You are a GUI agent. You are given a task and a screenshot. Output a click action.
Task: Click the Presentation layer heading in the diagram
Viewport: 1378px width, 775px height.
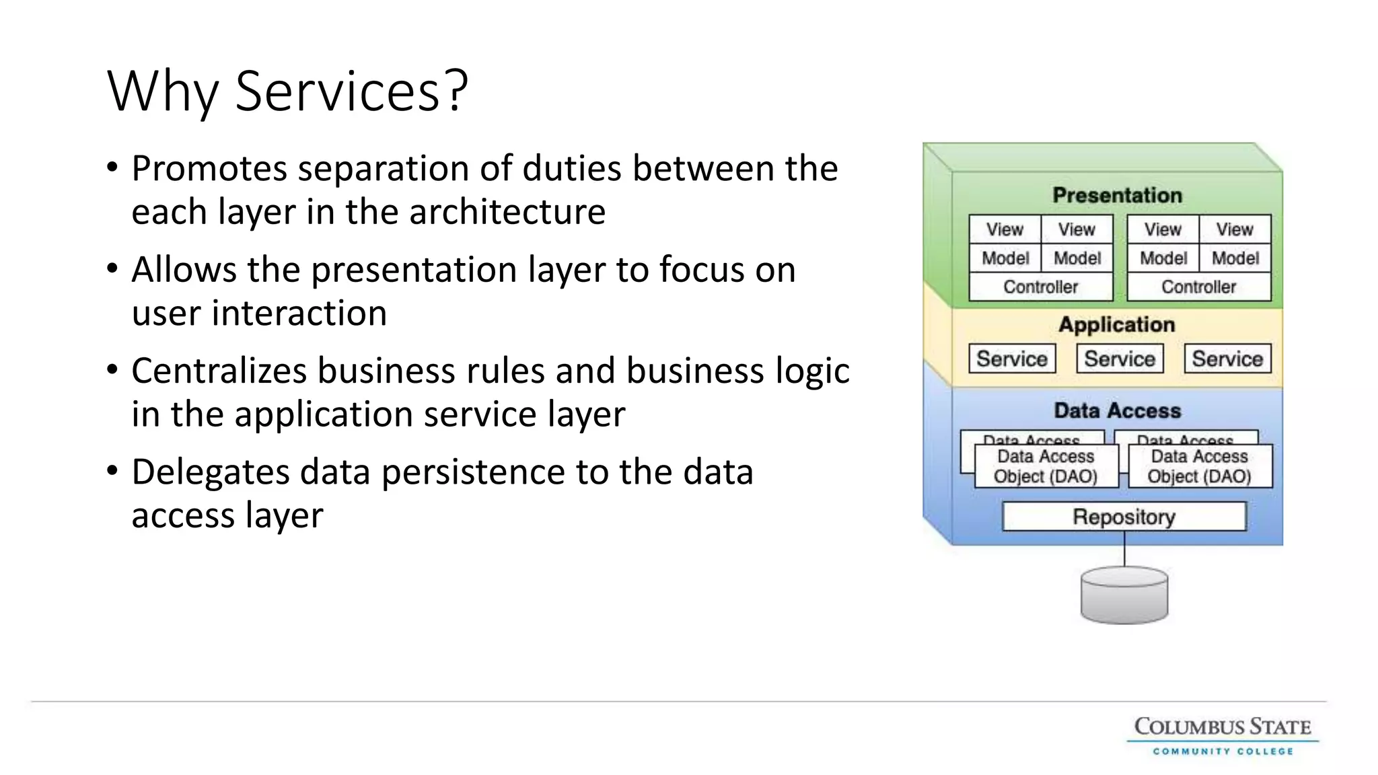[1117, 195]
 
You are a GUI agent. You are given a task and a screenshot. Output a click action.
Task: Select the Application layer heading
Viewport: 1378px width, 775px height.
[1117, 324]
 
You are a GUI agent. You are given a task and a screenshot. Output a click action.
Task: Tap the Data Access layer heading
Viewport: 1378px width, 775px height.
[1117, 410]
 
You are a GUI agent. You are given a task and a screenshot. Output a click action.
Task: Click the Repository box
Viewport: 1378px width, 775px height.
[1124, 517]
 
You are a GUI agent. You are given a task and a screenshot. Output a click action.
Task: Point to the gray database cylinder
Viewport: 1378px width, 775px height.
[1124, 595]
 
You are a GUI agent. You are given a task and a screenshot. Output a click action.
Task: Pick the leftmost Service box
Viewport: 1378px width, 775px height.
[1012, 359]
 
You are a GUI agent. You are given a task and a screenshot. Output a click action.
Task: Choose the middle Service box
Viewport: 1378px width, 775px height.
[1120, 359]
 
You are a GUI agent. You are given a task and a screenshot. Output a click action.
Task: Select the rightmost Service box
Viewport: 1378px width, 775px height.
[1227, 359]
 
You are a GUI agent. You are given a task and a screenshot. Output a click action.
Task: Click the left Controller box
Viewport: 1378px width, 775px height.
[1040, 287]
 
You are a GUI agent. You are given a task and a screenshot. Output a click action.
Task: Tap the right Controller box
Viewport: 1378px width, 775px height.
[1198, 287]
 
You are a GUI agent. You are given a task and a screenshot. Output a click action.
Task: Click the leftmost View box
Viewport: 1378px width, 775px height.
[1005, 229]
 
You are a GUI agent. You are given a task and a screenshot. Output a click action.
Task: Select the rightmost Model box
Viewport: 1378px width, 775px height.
[1235, 258]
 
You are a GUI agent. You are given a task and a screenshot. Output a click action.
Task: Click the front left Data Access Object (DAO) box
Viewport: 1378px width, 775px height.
[1046, 466]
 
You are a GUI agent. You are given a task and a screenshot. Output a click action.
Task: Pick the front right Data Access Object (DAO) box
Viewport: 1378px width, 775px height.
[1199, 466]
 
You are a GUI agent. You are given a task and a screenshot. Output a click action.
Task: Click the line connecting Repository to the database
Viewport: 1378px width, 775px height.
[1124, 549]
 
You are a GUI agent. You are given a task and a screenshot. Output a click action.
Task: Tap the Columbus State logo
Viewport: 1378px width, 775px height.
[1223, 735]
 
